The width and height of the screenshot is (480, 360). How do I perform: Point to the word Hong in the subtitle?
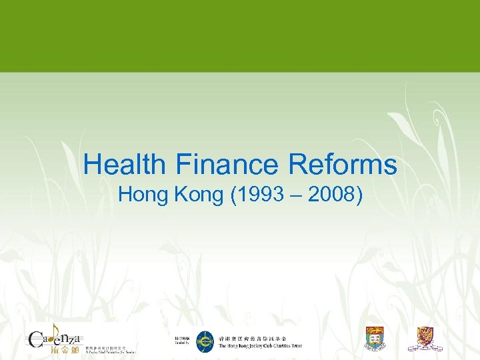pyautogui.click(x=143, y=195)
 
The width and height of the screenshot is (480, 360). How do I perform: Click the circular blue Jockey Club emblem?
pyautogui.click(x=205, y=342)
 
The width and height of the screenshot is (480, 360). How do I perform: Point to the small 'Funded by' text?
pyautogui.click(x=182, y=345)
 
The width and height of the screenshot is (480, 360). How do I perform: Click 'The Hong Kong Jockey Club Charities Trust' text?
pyautogui.click(x=260, y=346)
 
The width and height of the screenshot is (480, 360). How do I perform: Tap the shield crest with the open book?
pyautogui.click(x=375, y=339)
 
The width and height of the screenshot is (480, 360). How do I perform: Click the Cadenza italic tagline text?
pyautogui.click(x=110, y=351)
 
